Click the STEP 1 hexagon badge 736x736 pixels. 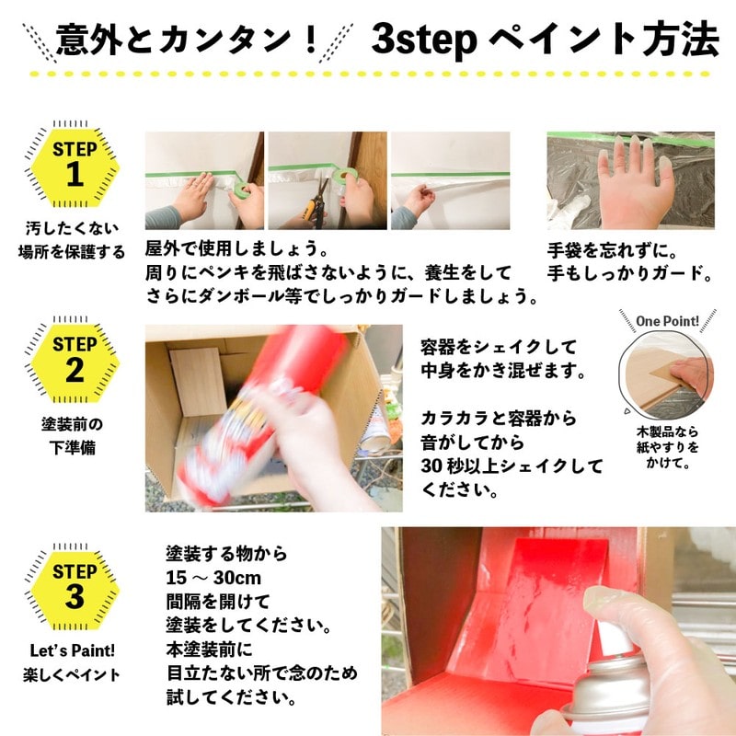tap(75, 164)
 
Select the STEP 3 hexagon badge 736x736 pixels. tap(75, 585)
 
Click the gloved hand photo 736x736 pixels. tap(630, 179)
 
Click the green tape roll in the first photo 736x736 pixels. tap(241, 189)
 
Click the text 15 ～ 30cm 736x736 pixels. tap(213, 578)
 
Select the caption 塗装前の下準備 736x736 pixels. tap(74, 436)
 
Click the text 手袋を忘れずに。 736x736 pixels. tap(618, 249)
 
